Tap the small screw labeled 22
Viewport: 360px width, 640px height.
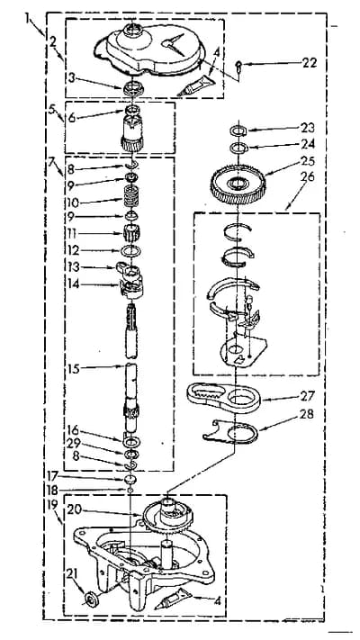240,66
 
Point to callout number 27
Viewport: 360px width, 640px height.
307,395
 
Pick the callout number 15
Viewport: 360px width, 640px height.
75,368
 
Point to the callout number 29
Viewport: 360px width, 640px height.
76,443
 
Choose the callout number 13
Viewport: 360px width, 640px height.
73,267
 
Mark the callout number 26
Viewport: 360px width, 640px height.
309,176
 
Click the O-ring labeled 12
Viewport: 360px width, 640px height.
131,250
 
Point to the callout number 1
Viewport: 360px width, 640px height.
28,18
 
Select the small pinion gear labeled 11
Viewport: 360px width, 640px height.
131,233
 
